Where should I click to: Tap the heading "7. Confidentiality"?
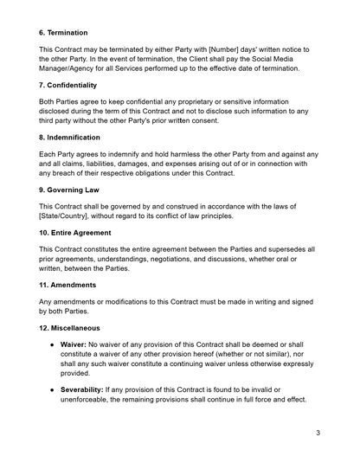tap(80, 86)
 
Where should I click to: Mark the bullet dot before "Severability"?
tap(53, 390)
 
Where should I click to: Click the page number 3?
tap(318, 432)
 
